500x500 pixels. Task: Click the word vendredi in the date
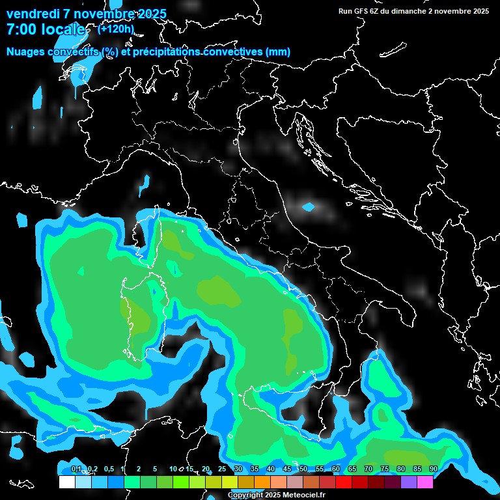coord(33,14)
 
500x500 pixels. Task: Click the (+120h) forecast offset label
coord(115,29)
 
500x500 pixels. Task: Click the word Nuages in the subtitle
coord(27,52)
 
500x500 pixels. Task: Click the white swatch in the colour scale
coord(66,482)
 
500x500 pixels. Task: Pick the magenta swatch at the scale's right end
coord(425,482)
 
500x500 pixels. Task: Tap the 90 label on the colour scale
coord(434,469)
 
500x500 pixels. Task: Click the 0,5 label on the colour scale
coord(108,469)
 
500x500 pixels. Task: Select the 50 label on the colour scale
coord(303,469)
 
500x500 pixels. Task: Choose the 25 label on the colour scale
coord(222,469)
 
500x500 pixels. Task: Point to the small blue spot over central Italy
coord(309,207)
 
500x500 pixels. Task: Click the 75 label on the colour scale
coord(385,469)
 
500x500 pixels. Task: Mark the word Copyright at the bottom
coord(245,495)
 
